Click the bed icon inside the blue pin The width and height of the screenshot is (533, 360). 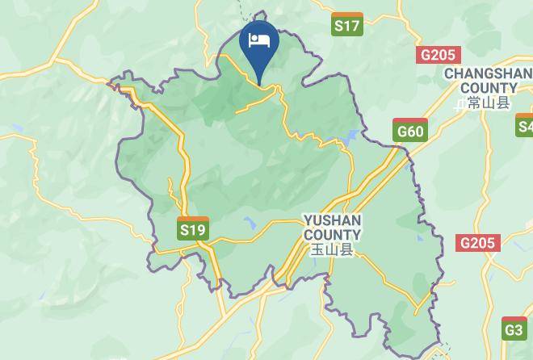pyautogui.click(x=259, y=40)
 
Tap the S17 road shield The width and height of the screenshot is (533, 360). pyautogui.click(x=347, y=25)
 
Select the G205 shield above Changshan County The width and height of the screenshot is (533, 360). pyautogui.click(x=439, y=55)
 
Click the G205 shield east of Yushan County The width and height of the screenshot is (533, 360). pyautogui.click(x=478, y=243)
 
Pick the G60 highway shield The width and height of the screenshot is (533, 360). pyautogui.click(x=409, y=131)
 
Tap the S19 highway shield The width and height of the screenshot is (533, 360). pyautogui.click(x=193, y=229)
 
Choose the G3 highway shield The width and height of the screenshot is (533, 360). pyautogui.click(x=514, y=329)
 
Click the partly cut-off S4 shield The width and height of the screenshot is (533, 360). pyautogui.click(x=526, y=125)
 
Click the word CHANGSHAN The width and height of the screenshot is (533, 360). pyautogui.click(x=486, y=73)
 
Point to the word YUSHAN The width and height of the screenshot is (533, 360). pyautogui.click(x=332, y=220)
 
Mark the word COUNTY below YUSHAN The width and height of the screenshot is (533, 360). pyautogui.click(x=332, y=234)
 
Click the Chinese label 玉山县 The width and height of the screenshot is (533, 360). pyautogui.click(x=333, y=249)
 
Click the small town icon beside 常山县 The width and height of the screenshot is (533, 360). pyautogui.click(x=460, y=103)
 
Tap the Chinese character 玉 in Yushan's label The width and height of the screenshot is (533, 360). pyautogui.click(x=318, y=249)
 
